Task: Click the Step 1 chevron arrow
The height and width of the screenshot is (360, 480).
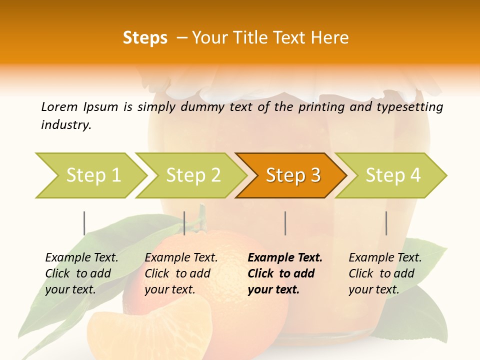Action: tap(92, 175)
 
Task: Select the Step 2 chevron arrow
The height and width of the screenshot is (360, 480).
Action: tap(192, 175)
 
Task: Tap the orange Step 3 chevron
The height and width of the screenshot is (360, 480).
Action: tap(292, 175)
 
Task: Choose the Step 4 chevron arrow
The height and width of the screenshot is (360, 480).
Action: tap(392, 175)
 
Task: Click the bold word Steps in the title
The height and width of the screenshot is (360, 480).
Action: tap(145, 38)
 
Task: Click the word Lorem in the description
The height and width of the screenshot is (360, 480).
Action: tap(59, 107)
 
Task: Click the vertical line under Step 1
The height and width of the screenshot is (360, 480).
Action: tap(84, 223)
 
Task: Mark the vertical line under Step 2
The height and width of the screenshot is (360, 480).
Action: tap(184, 223)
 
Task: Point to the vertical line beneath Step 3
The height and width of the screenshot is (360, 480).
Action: tap(285, 223)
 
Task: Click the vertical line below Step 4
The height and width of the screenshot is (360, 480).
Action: tap(386, 223)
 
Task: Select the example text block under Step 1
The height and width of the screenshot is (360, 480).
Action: tap(81, 273)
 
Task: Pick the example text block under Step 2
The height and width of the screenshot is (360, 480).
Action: tap(181, 273)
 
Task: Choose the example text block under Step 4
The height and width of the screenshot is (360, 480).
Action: tap(385, 273)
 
